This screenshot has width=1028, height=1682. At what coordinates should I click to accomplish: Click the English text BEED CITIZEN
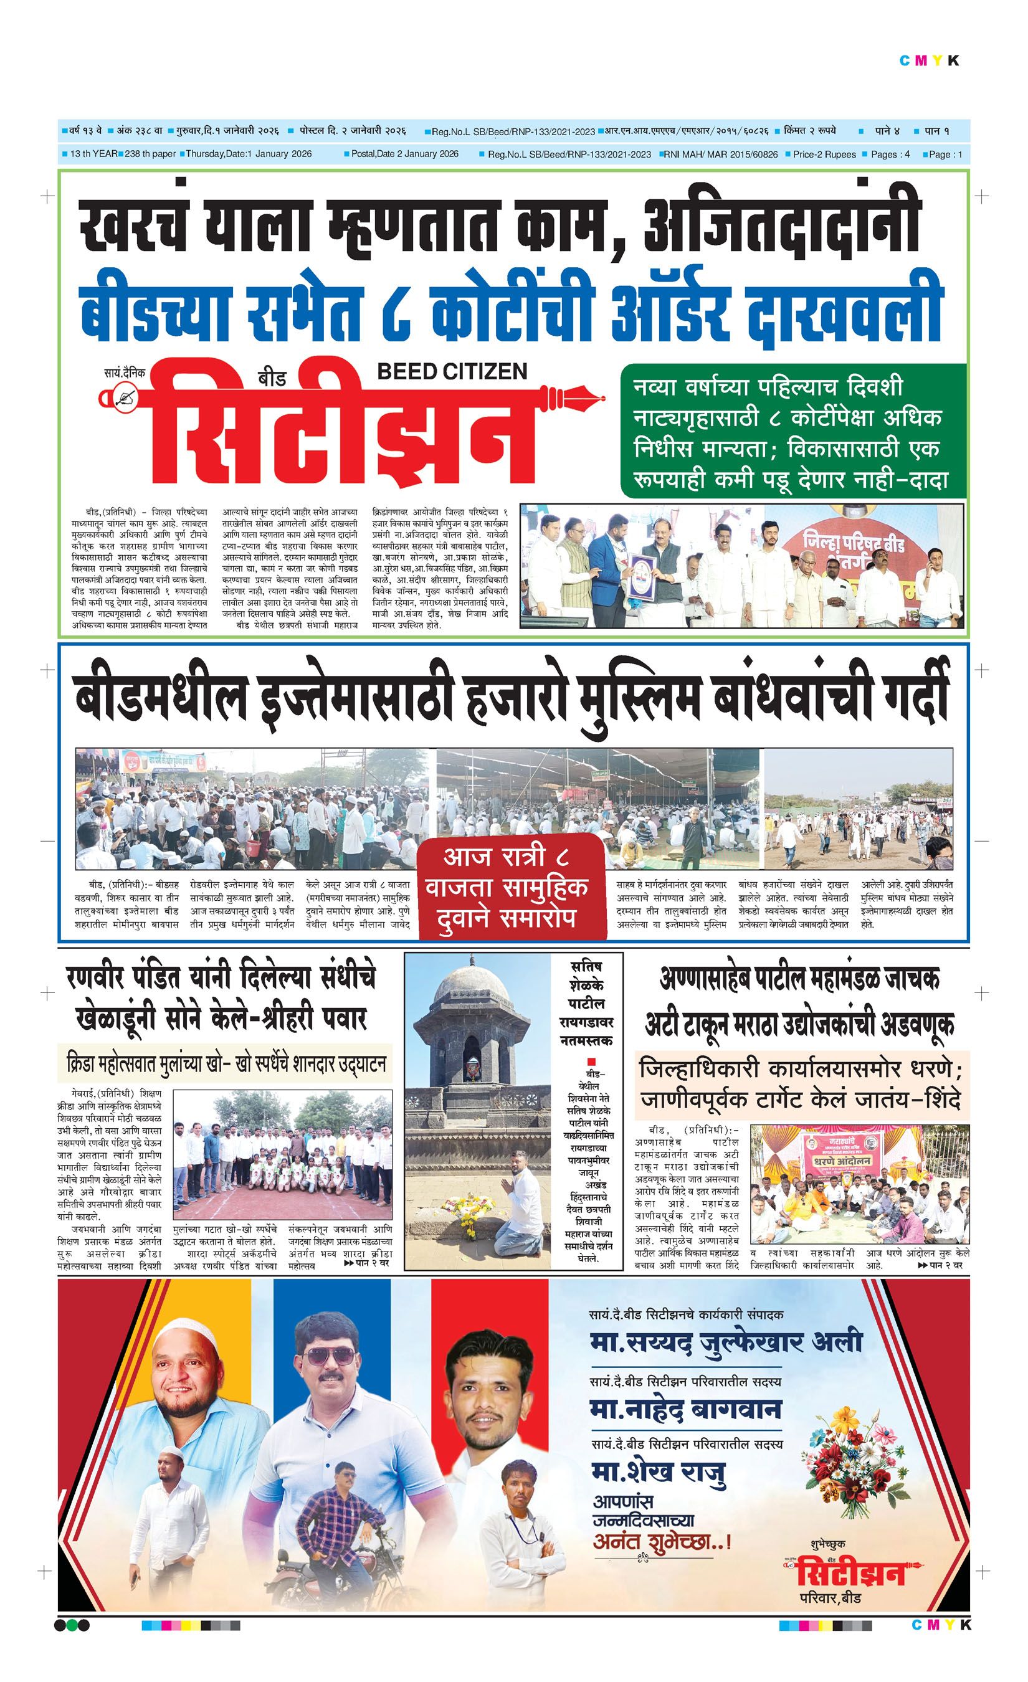(452, 371)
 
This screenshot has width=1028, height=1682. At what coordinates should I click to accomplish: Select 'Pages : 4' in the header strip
(890, 154)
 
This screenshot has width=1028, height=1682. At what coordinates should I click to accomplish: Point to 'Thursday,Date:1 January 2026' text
(249, 154)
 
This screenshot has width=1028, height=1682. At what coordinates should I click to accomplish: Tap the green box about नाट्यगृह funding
(793, 432)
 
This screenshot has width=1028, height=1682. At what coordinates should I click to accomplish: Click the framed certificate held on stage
(642, 577)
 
